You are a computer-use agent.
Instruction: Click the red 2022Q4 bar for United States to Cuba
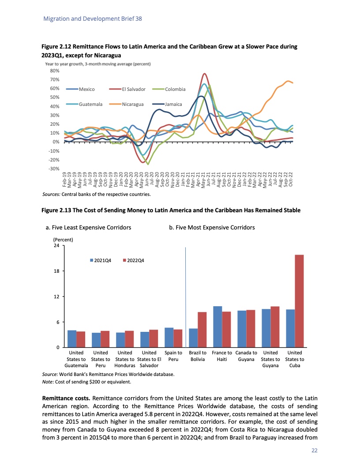pyautogui.click(x=299, y=301)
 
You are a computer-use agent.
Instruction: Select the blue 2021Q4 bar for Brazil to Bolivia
pyautogui.click(x=193, y=338)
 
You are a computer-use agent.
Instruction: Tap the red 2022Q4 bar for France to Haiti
pyautogui.click(x=226, y=330)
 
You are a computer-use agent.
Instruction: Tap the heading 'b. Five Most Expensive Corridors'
pyautogui.click(x=212, y=227)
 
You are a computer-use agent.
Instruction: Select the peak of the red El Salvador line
pyautogui.click(x=204, y=74)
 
